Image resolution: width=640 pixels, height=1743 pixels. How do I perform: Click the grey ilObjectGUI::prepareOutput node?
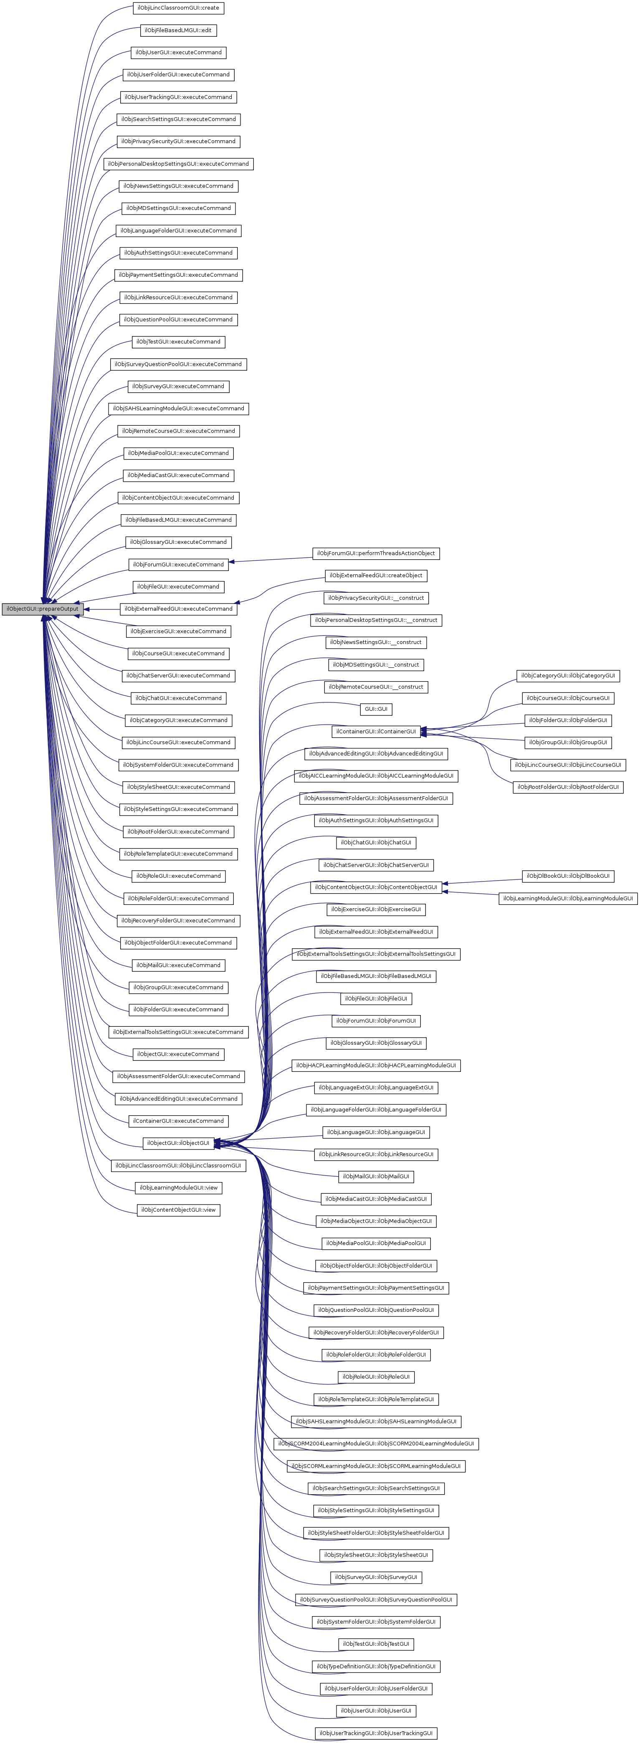(x=42, y=609)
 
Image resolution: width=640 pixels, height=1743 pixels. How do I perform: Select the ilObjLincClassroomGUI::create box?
(x=178, y=8)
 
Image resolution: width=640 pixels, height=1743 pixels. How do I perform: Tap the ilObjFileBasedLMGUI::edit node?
(x=179, y=30)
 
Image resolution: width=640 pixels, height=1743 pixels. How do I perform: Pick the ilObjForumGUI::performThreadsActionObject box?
(x=375, y=553)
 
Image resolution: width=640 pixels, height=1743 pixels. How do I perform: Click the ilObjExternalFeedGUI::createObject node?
(x=375, y=576)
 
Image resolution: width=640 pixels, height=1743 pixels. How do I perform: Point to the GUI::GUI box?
(x=375, y=709)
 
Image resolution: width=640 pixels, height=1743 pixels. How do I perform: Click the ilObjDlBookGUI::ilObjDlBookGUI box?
(x=568, y=876)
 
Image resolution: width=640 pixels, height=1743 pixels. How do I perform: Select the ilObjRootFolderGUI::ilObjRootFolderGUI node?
(x=568, y=787)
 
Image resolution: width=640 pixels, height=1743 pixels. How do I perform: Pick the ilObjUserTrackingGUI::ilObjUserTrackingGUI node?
(x=375, y=1733)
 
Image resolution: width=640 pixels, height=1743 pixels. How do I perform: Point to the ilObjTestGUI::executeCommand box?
(x=178, y=342)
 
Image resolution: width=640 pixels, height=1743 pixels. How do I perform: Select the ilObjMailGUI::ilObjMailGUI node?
(x=375, y=1177)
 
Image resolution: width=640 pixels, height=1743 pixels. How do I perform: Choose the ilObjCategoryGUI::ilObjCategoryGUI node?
(x=568, y=676)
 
